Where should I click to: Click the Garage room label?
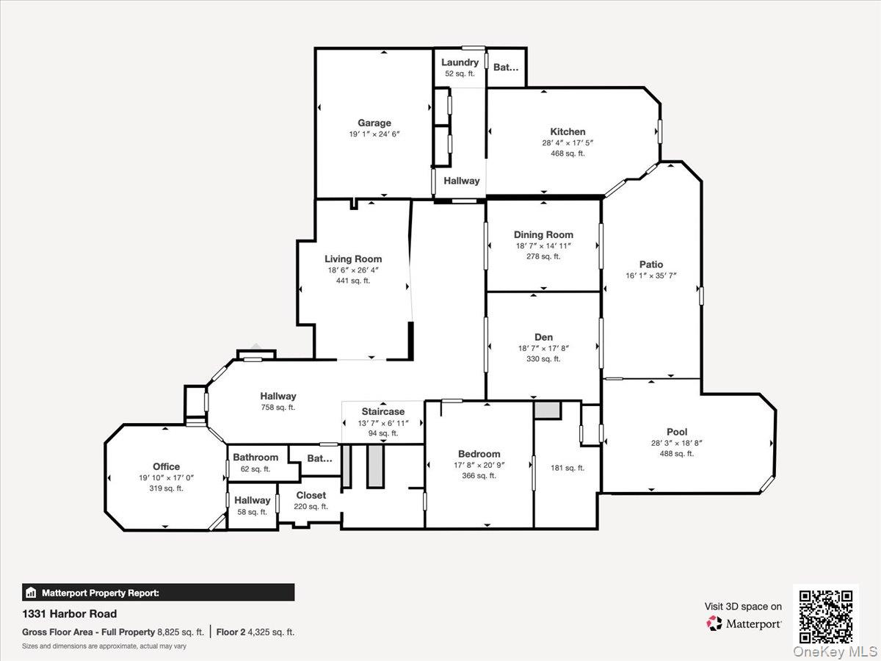(x=374, y=123)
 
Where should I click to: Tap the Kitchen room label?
(x=568, y=131)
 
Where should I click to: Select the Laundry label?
(x=460, y=62)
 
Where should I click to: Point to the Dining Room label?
(x=543, y=235)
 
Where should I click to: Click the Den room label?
(x=543, y=337)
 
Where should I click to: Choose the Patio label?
(x=650, y=264)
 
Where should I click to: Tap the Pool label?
(x=676, y=432)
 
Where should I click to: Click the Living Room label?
(x=353, y=259)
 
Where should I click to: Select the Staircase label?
(x=383, y=411)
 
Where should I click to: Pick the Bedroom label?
(x=479, y=454)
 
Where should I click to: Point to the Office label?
(x=166, y=466)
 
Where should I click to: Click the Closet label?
(x=311, y=495)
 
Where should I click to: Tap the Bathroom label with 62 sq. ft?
(x=255, y=458)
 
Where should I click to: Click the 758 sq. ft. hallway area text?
(x=278, y=408)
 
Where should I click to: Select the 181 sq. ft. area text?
(x=568, y=468)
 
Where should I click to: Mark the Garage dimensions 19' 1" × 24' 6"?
(x=374, y=134)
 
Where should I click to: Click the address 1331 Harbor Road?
(x=70, y=614)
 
